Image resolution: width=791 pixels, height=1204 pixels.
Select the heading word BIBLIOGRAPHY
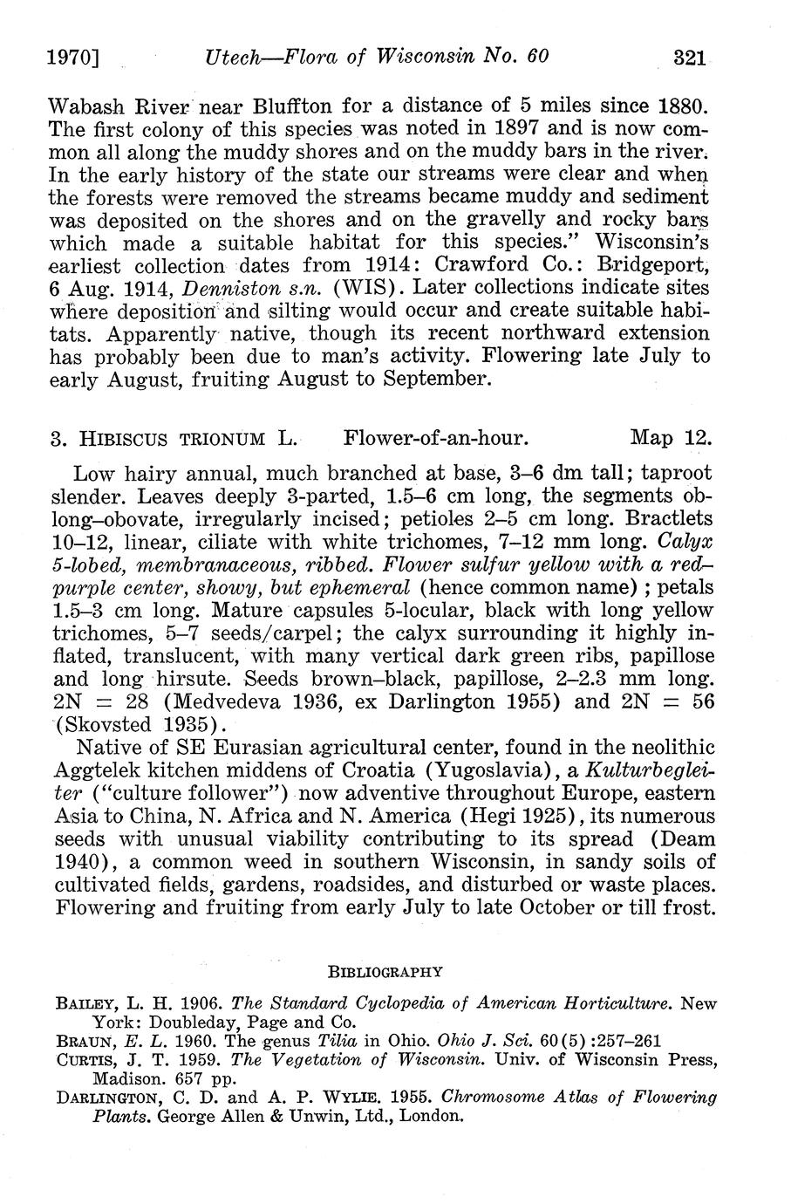pyautogui.click(x=385, y=971)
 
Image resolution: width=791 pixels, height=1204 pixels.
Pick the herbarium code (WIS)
pyautogui.click(x=342, y=288)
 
